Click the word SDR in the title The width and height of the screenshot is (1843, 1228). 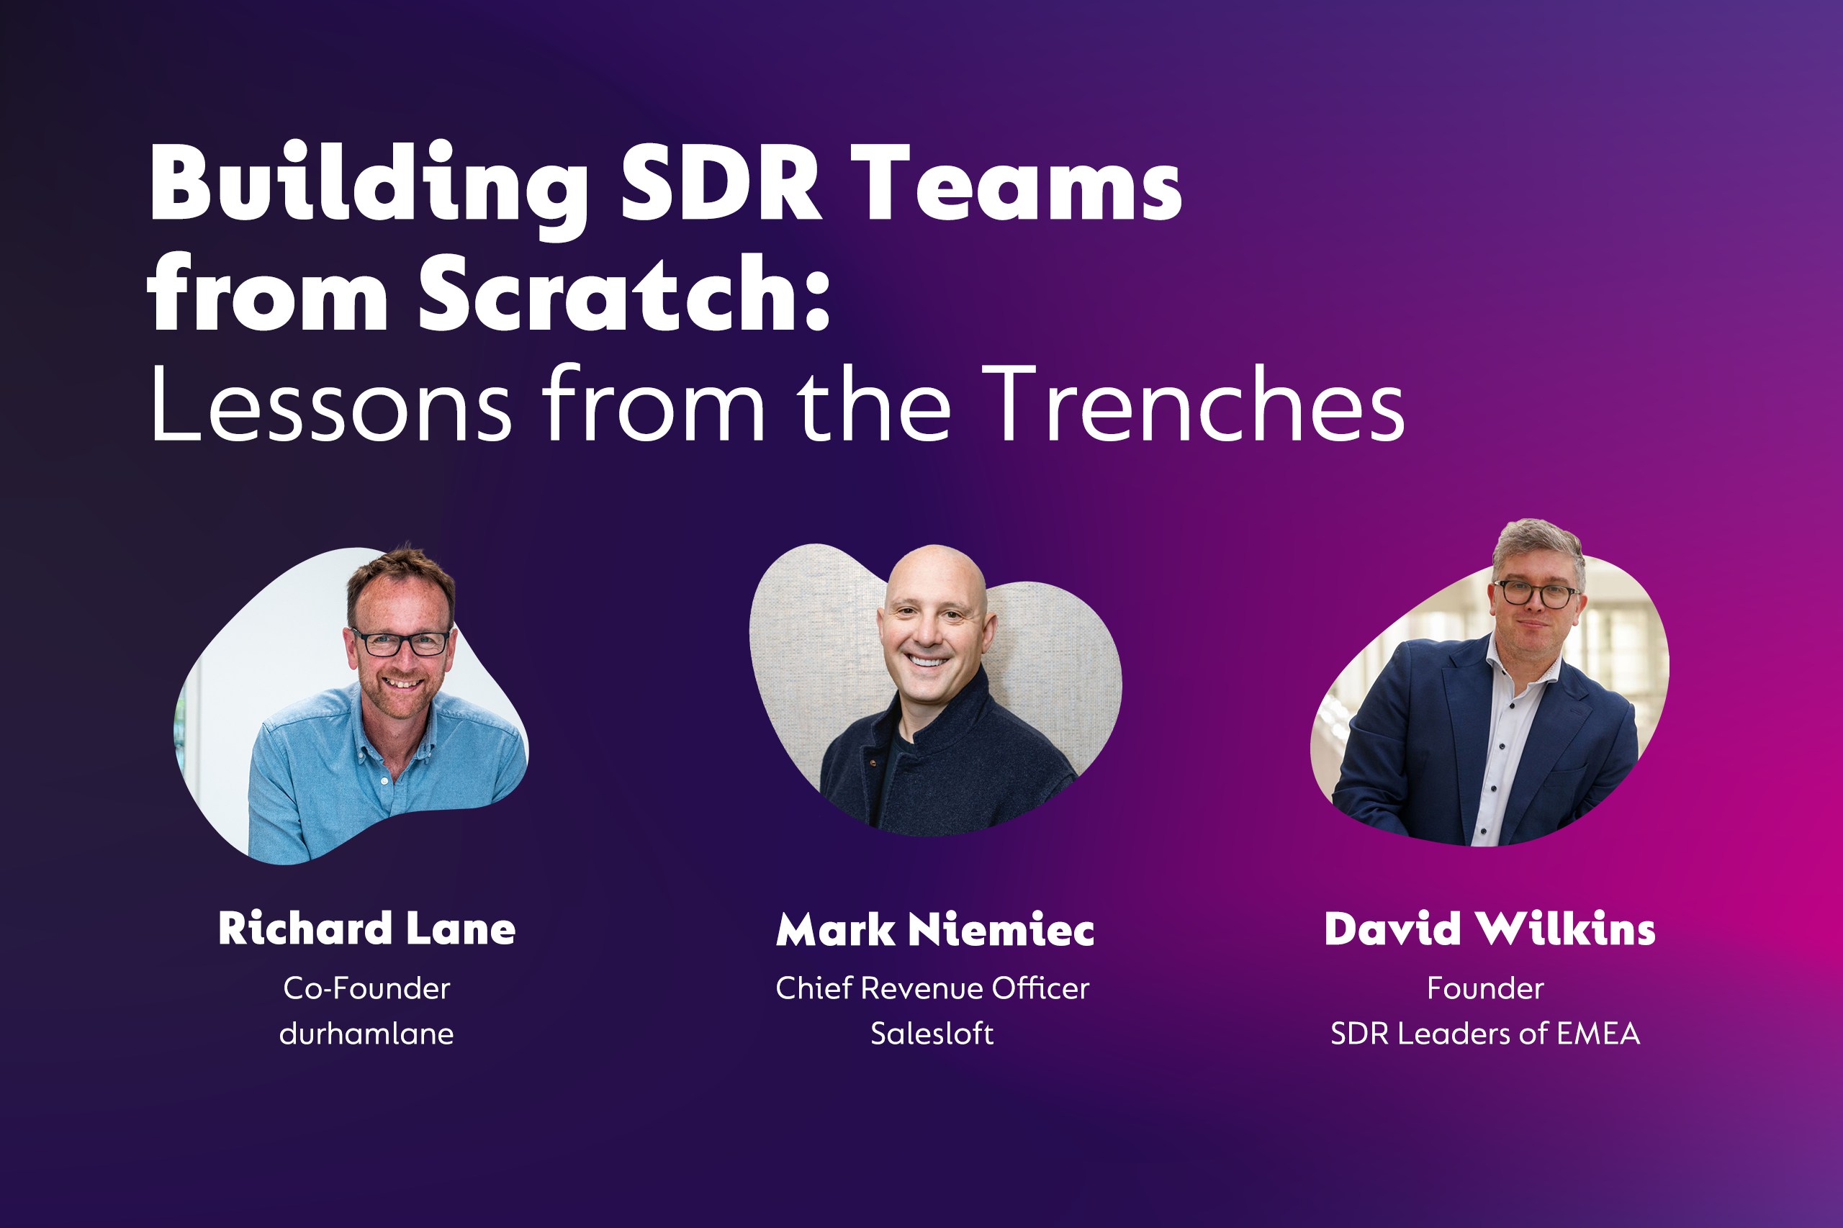tap(721, 184)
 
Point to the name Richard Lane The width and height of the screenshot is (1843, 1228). tap(366, 929)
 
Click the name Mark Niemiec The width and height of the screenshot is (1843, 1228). tap(934, 929)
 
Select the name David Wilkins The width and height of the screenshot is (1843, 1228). tap(1489, 929)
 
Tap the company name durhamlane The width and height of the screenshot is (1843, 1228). tap(366, 1034)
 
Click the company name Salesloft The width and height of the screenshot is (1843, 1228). tap(932, 1034)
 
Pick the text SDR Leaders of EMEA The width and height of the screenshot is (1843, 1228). tap(1485, 1034)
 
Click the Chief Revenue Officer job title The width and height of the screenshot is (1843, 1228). tap(932, 988)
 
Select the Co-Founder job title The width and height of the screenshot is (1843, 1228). tap(366, 988)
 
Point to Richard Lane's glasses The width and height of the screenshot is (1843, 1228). tap(400, 643)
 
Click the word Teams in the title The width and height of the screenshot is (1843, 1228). tap(1016, 184)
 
